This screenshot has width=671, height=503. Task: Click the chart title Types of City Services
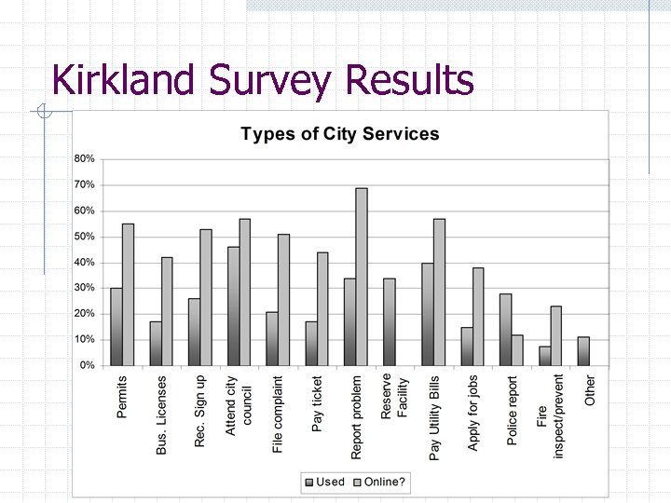tap(339, 133)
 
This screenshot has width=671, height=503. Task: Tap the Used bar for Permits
tap(116, 326)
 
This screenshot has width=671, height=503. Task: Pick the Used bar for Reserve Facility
tap(389, 321)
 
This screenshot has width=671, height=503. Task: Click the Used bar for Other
tap(583, 351)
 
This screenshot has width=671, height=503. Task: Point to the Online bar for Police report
tap(517, 350)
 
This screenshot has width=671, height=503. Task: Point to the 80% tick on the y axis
tap(85, 159)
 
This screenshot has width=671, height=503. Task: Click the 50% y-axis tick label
tap(85, 237)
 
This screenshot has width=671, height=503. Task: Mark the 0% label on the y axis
tap(87, 366)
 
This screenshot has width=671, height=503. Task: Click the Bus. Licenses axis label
tap(162, 415)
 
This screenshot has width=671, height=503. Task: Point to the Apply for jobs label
tap(473, 414)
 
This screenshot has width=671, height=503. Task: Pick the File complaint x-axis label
tap(279, 415)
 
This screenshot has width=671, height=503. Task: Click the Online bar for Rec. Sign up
tap(206, 297)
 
